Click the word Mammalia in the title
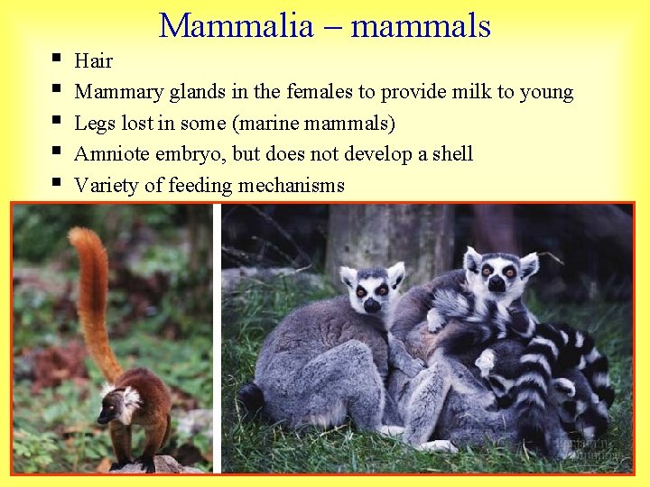click(236, 25)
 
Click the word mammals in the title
click(421, 25)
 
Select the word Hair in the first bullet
click(93, 61)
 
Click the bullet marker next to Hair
click(56, 60)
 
